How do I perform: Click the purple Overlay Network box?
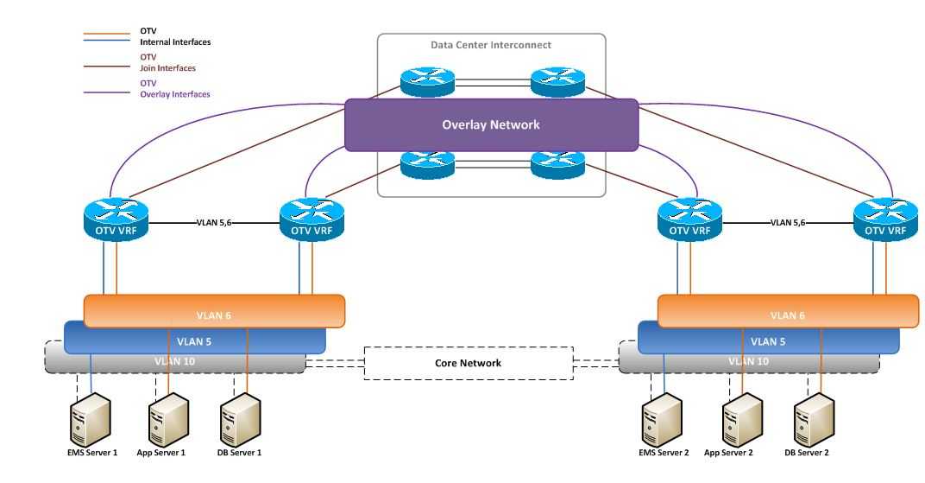(491, 124)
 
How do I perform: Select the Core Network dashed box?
(468, 363)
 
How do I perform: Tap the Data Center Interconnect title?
(491, 45)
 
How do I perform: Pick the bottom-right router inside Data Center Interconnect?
(557, 163)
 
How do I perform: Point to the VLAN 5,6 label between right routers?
(788, 222)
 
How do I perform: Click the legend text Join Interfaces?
(167, 67)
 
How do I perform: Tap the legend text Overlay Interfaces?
(174, 93)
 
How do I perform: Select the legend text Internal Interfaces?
(175, 41)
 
